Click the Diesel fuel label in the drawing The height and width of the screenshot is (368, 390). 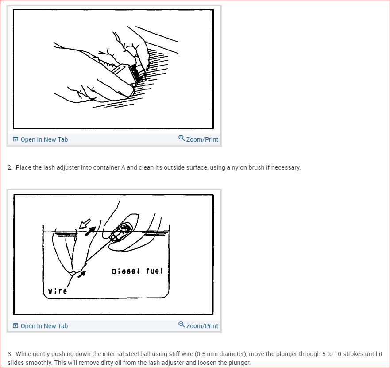click(137, 271)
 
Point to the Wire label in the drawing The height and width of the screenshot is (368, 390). click(58, 291)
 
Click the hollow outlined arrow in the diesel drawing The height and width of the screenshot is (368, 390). click(85, 224)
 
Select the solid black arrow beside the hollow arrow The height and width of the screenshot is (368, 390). click(90, 231)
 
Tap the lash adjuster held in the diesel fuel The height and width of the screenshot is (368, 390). click(121, 232)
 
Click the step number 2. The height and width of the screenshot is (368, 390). click(10, 167)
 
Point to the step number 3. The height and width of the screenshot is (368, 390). click(10, 354)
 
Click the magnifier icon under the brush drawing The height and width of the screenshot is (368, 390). click(181, 138)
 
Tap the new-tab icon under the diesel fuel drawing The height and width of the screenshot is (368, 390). click(15, 325)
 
